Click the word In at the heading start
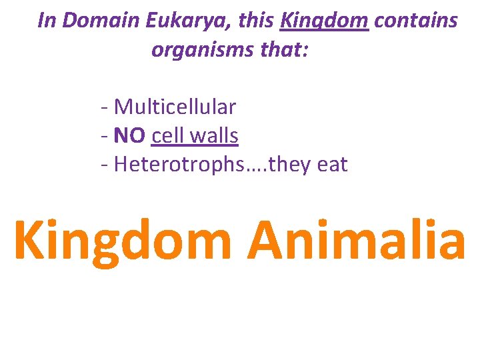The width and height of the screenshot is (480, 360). pyautogui.click(x=46, y=21)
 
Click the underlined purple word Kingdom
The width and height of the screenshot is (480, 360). pyautogui.click(x=324, y=21)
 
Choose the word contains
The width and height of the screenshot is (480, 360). pyautogui.click(x=416, y=21)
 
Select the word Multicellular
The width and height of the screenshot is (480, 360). pyautogui.click(x=175, y=107)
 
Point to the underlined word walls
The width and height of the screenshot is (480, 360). pyautogui.click(x=214, y=136)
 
